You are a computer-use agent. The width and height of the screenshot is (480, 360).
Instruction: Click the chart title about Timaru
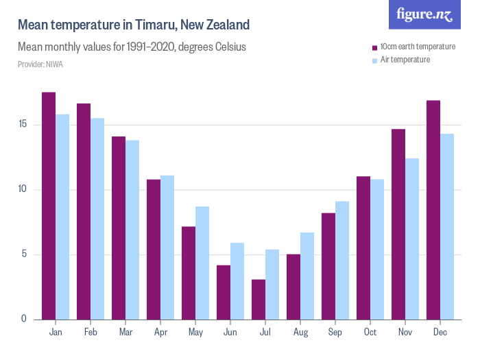(133, 25)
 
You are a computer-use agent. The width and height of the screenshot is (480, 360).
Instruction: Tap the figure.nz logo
(424, 14)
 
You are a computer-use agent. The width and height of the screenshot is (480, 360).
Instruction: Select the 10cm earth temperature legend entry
(418, 47)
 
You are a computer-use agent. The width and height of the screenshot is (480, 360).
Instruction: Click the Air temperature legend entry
(405, 60)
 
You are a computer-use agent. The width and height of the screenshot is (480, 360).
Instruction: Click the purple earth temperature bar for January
(49, 206)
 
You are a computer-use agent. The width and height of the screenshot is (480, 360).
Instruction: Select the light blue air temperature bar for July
(272, 285)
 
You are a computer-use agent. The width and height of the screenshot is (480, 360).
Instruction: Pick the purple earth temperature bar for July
(259, 299)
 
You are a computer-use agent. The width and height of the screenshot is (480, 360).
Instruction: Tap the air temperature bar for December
(447, 226)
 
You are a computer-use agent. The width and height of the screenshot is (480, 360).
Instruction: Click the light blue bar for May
(202, 263)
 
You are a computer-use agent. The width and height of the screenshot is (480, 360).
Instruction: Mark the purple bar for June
(224, 292)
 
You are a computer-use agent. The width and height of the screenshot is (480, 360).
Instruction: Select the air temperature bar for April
(167, 247)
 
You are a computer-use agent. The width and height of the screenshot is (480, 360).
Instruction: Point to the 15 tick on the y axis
(23, 125)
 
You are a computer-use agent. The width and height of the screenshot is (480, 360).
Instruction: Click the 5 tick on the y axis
(25, 254)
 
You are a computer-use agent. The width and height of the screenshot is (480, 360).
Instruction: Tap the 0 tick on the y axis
(25, 319)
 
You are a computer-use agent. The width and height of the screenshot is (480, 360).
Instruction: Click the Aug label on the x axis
(300, 333)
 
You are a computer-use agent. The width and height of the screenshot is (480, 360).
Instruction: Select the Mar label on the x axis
(125, 333)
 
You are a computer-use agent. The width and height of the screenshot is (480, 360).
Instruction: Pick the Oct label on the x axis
(370, 333)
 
